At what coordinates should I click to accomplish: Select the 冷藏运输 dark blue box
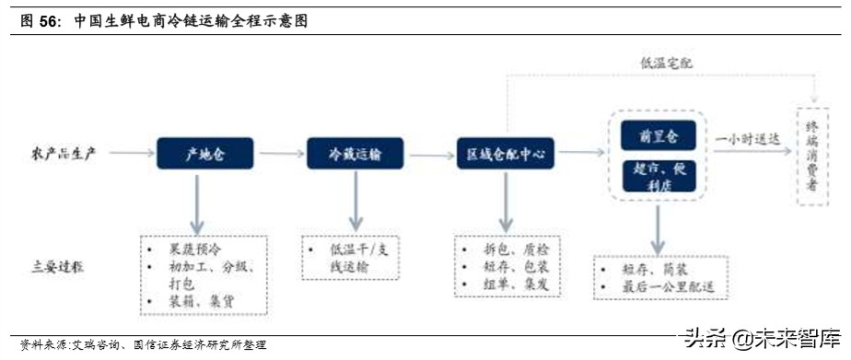tap(355, 153)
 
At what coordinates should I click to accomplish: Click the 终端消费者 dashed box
tap(812, 153)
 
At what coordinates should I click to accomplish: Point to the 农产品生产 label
tap(63, 154)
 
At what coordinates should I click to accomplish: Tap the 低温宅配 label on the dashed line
tap(666, 64)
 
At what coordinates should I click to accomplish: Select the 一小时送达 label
tap(748, 138)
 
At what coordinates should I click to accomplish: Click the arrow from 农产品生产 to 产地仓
tap(127, 154)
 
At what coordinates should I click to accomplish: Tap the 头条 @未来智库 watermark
tap(761, 336)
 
